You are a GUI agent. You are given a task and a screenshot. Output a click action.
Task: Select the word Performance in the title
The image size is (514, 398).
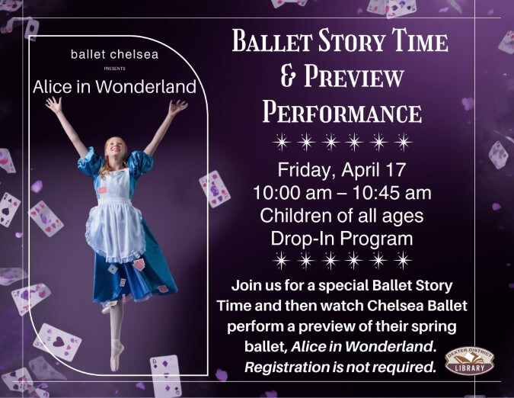342,112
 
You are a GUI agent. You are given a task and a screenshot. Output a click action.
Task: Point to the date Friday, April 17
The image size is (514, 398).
342,169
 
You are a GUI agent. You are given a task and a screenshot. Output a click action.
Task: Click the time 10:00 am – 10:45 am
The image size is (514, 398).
342,192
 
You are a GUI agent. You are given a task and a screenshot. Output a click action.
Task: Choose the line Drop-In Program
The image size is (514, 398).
342,238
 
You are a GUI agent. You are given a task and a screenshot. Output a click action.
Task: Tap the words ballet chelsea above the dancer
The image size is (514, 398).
114,55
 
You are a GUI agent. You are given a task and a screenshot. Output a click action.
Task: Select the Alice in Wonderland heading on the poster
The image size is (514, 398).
114,87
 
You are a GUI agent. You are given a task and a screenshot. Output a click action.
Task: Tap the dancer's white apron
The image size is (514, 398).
114,217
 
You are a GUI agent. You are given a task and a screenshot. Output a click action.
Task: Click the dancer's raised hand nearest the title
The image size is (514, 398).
177,107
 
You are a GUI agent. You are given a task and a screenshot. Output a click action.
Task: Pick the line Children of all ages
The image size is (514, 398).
342,215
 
